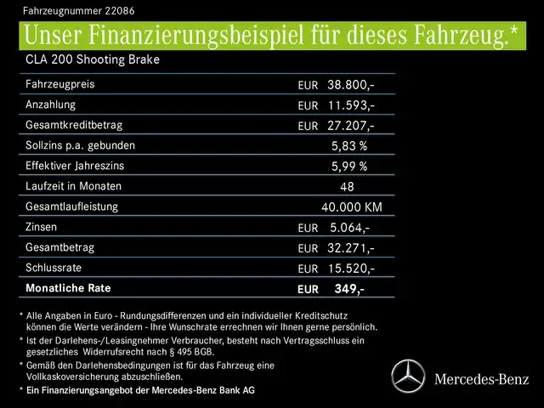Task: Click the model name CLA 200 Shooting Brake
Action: tap(93, 59)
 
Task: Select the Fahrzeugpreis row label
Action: tap(60, 85)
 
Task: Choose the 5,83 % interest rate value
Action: tap(348, 146)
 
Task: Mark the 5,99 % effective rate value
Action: tap(348, 167)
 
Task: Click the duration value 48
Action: tap(346, 187)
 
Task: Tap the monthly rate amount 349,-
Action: tap(349, 289)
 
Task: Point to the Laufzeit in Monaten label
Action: tap(74, 186)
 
